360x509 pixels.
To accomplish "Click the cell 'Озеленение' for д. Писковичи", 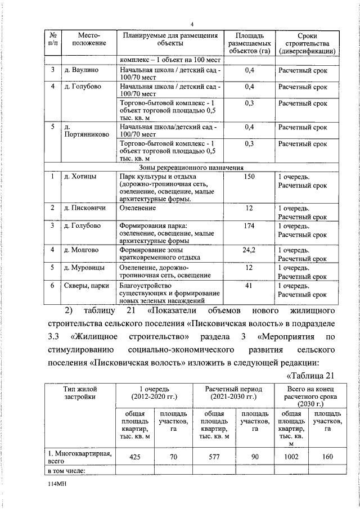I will (x=138, y=208).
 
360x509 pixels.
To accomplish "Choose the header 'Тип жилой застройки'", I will (x=80, y=393).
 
